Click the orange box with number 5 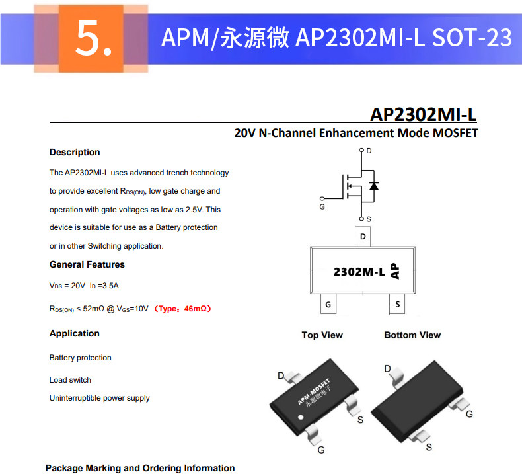tap(91, 38)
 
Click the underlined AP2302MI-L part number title tap(423, 114)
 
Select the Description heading tap(75, 152)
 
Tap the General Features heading tap(87, 264)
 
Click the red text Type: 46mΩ tap(183, 309)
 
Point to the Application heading tap(74, 333)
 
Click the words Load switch tap(70, 380)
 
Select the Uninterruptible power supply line tap(99, 398)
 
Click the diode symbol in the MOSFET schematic tap(374, 186)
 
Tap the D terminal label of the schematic tap(369, 151)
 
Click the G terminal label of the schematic tap(322, 207)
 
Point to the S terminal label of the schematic tap(369, 219)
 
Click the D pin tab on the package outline tap(363, 237)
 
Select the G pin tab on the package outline tap(328, 304)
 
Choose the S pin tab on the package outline tap(397, 304)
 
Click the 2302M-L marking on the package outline tap(359, 272)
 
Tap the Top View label tap(322, 335)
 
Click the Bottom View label tap(412, 335)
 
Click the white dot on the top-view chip tap(301, 417)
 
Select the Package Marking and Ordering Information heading tap(140, 468)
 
